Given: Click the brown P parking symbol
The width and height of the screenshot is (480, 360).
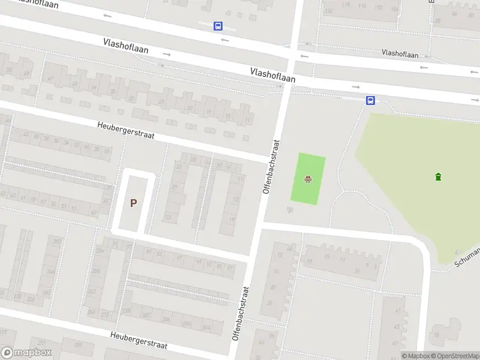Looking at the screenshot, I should pyautogui.click(x=133, y=203).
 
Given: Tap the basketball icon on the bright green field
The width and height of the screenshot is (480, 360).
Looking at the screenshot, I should pyautogui.click(x=308, y=178).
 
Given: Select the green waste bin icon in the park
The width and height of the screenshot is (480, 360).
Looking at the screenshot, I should pyautogui.click(x=439, y=176).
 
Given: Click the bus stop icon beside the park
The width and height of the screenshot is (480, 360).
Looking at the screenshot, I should pyautogui.click(x=371, y=100).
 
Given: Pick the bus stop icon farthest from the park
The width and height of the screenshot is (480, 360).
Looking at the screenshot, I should pyautogui.click(x=217, y=26).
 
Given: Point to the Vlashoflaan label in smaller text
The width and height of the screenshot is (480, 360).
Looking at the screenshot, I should pyautogui.click(x=400, y=54).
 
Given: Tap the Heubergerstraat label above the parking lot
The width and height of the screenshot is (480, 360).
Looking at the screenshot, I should pyautogui.click(x=126, y=131).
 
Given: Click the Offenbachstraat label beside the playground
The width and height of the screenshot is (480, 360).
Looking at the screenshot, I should pyautogui.click(x=271, y=166).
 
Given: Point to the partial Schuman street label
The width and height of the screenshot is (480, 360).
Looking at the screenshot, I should pyautogui.click(x=469, y=257).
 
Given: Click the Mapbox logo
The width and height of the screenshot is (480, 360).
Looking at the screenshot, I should pyautogui.click(x=26, y=353).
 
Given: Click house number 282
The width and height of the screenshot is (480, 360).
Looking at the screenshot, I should pyautogui.click(x=92, y=292).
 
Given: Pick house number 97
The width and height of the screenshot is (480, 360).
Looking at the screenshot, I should pyautogui.click(x=230, y=268).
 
